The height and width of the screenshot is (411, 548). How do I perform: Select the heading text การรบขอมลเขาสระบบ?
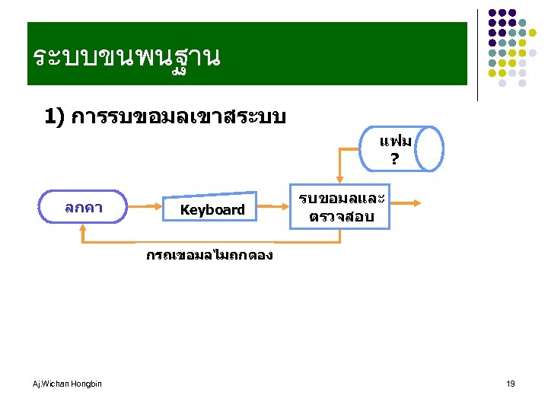click(177, 117)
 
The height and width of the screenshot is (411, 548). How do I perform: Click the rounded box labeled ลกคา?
click(84, 207)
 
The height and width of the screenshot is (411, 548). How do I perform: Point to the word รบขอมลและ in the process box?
click(340, 199)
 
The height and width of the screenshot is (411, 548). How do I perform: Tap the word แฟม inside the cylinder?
click(395, 142)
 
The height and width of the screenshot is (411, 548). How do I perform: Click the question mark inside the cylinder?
click(393, 159)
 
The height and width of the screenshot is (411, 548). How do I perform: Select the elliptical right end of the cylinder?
click(432, 150)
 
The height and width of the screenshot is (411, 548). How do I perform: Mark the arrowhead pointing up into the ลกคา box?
click(83, 228)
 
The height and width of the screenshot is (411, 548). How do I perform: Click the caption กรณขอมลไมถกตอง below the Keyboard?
click(209, 256)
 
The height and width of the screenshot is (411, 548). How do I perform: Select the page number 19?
click(511, 384)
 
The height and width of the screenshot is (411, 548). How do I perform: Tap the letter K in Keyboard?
click(183, 209)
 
